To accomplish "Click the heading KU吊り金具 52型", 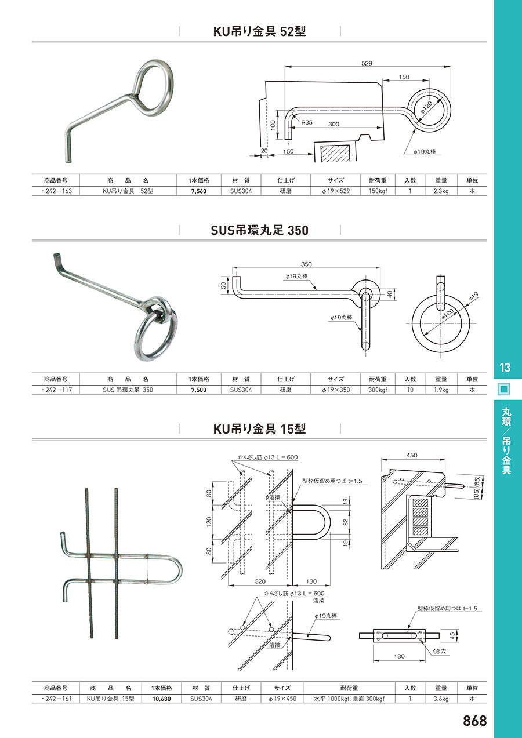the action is [260, 31].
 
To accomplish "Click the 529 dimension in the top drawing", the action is [367, 63].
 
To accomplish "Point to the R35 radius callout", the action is [306, 122].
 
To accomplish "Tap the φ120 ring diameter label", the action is [426, 108].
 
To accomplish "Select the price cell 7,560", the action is [199, 191].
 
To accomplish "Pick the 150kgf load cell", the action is [378, 191].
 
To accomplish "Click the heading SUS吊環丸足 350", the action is [260, 230].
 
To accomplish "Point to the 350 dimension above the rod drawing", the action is [306, 264].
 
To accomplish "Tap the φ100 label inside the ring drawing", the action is [448, 314].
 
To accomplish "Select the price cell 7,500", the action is [199, 390].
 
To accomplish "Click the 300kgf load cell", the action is [378, 390].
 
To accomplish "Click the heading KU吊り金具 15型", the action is [260, 428].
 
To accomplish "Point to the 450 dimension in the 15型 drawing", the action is [412, 455].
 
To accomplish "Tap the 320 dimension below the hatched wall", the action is [260, 581].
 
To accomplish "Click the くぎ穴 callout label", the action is [439, 652].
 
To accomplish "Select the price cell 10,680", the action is [161, 699].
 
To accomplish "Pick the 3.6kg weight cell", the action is [441, 699].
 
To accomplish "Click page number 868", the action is [475, 721].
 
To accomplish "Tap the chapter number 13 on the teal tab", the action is [505, 367].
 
